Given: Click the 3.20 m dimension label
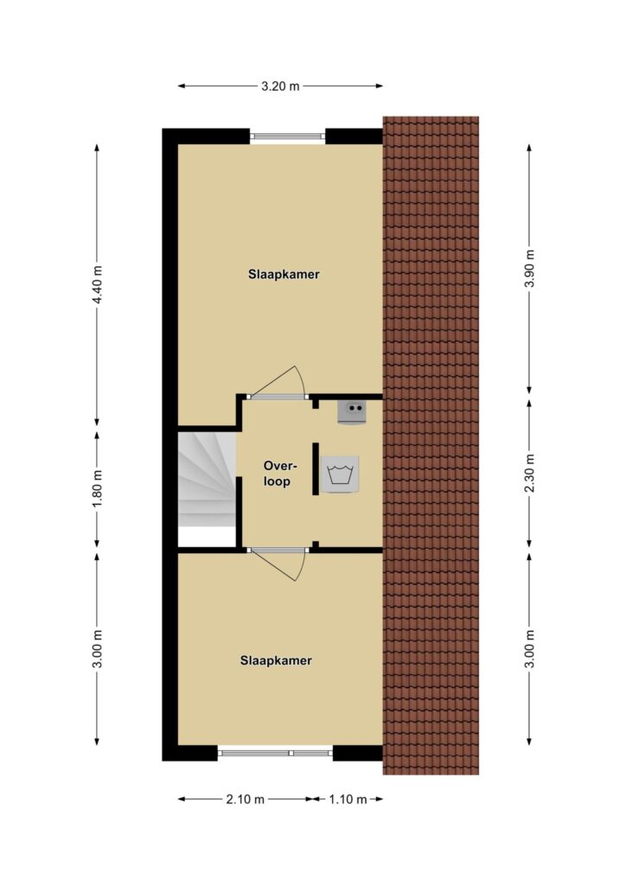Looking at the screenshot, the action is click(280, 86).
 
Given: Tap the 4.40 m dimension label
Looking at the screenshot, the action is click(98, 284).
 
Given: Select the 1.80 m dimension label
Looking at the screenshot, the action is click(98, 489).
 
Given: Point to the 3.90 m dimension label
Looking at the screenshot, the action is click(529, 268).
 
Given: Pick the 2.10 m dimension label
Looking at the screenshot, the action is click(245, 799).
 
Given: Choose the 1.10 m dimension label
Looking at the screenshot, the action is click(348, 799).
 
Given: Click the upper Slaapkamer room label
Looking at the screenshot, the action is click(284, 275).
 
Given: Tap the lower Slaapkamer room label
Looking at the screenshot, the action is click(276, 660).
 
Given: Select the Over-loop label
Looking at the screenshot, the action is click(280, 474).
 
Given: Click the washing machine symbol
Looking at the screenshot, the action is click(340, 474).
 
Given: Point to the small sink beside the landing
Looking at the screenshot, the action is click(351, 411).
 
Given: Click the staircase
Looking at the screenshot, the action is click(207, 479).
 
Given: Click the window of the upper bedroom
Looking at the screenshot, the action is click(287, 136).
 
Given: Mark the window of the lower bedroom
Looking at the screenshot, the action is click(275, 753).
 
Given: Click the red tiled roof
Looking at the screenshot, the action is click(431, 445).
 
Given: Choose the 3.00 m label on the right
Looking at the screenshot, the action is click(529, 647).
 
